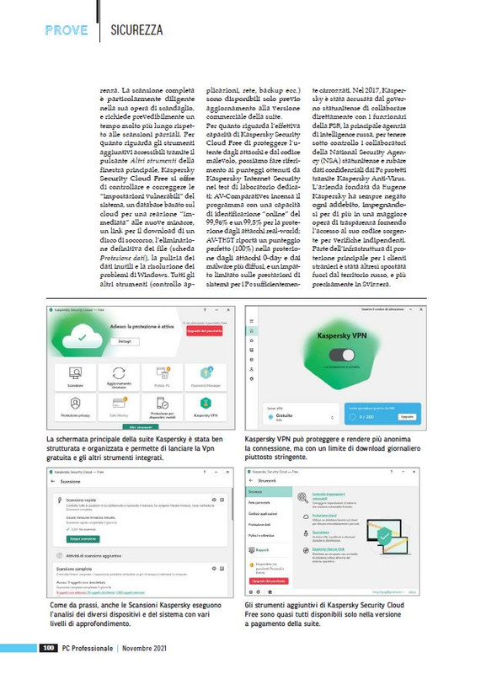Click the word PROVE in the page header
67,30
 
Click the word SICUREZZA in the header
136,30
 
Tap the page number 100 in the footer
49,648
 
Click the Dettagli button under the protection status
124,341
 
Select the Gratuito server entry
283,415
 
